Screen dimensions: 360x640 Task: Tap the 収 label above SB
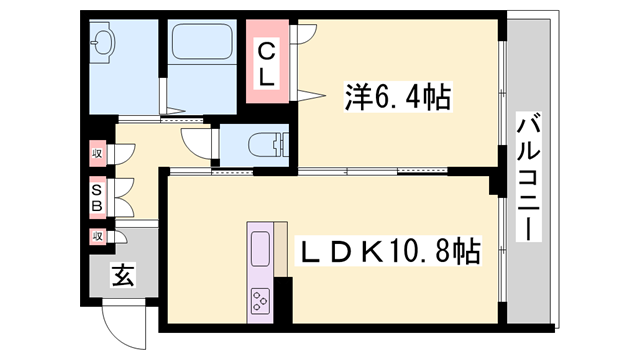(98, 155)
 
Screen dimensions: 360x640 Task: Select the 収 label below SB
(98, 236)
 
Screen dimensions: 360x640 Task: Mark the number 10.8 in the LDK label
(427, 250)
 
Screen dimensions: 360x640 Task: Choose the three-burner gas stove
(260, 298)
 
